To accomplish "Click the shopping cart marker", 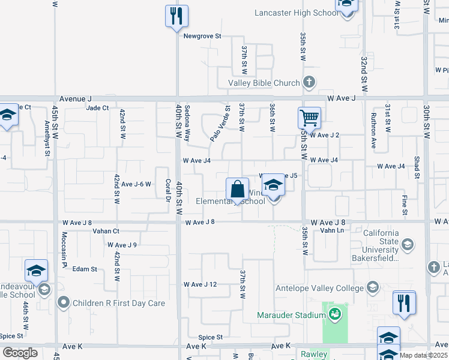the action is click(309, 118).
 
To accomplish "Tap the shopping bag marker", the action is click(237, 190).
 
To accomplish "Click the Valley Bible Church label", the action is click(264, 83).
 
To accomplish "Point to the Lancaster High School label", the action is click(296, 13).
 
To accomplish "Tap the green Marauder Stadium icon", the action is click(335, 313).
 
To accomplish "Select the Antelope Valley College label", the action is click(317, 289).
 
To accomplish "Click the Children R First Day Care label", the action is click(119, 303).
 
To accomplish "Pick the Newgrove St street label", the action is click(202, 36).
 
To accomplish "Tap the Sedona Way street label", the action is click(187, 123).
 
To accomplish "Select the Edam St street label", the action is click(85, 269).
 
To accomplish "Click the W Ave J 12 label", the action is click(200, 284).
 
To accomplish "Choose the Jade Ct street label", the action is click(97, 108).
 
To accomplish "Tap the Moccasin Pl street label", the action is click(64, 247).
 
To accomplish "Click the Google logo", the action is click(20, 353).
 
